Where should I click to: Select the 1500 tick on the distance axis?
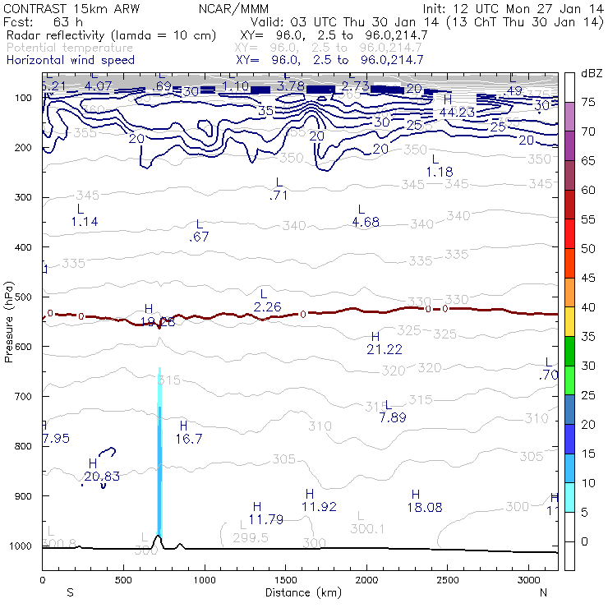(285, 580)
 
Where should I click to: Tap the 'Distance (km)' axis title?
(299, 592)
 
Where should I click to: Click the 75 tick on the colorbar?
(589, 102)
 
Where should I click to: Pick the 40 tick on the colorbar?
(589, 306)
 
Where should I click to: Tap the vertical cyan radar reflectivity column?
(159, 460)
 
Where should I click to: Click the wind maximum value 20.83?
(102, 476)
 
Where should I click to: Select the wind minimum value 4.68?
(366, 222)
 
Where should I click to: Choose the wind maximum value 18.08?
(425, 507)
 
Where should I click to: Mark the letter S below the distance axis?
(70, 592)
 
